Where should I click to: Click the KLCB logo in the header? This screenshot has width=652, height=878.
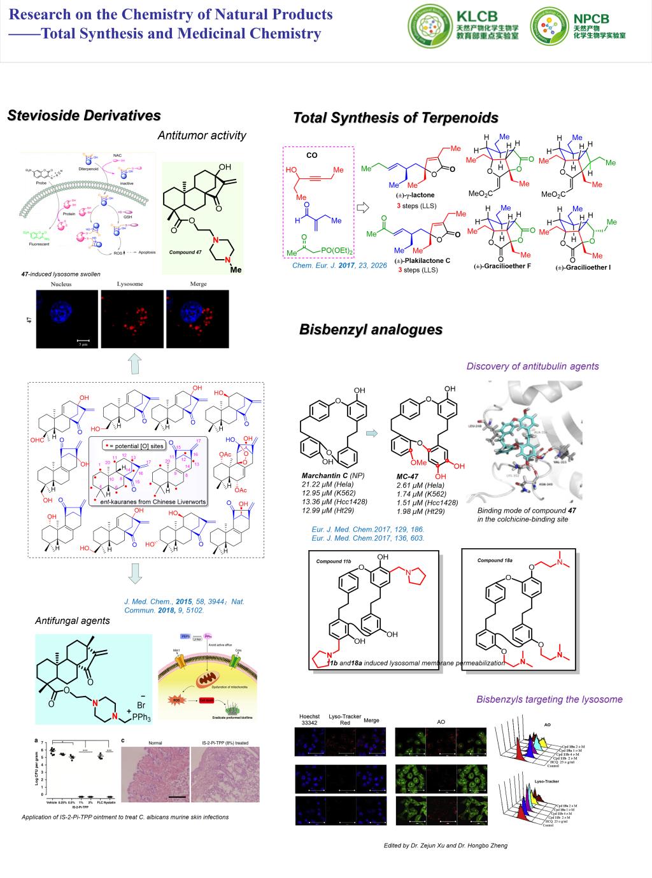tap(464, 24)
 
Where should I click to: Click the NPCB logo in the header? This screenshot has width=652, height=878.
tap(578, 24)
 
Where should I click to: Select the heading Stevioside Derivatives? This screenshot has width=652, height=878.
tap(84, 116)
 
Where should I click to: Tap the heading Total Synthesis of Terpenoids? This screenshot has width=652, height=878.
tap(395, 118)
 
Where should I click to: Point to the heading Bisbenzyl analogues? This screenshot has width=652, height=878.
tap(371, 330)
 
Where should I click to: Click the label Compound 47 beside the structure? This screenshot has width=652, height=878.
tap(185, 253)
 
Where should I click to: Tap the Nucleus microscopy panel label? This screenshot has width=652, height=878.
tap(61, 284)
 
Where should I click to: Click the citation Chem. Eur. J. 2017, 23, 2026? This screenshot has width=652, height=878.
tap(339, 266)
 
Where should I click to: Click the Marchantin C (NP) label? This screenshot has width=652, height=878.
tap(332, 476)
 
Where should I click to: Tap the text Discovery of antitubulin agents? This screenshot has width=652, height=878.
tap(532, 366)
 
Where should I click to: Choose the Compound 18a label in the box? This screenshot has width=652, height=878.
tap(495, 560)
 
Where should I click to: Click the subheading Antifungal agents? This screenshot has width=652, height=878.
tap(72, 621)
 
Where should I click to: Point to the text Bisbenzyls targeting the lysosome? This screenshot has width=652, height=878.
tap(549, 699)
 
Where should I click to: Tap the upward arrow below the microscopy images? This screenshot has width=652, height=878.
tap(135, 365)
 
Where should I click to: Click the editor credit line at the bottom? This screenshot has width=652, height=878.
tap(446, 846)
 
